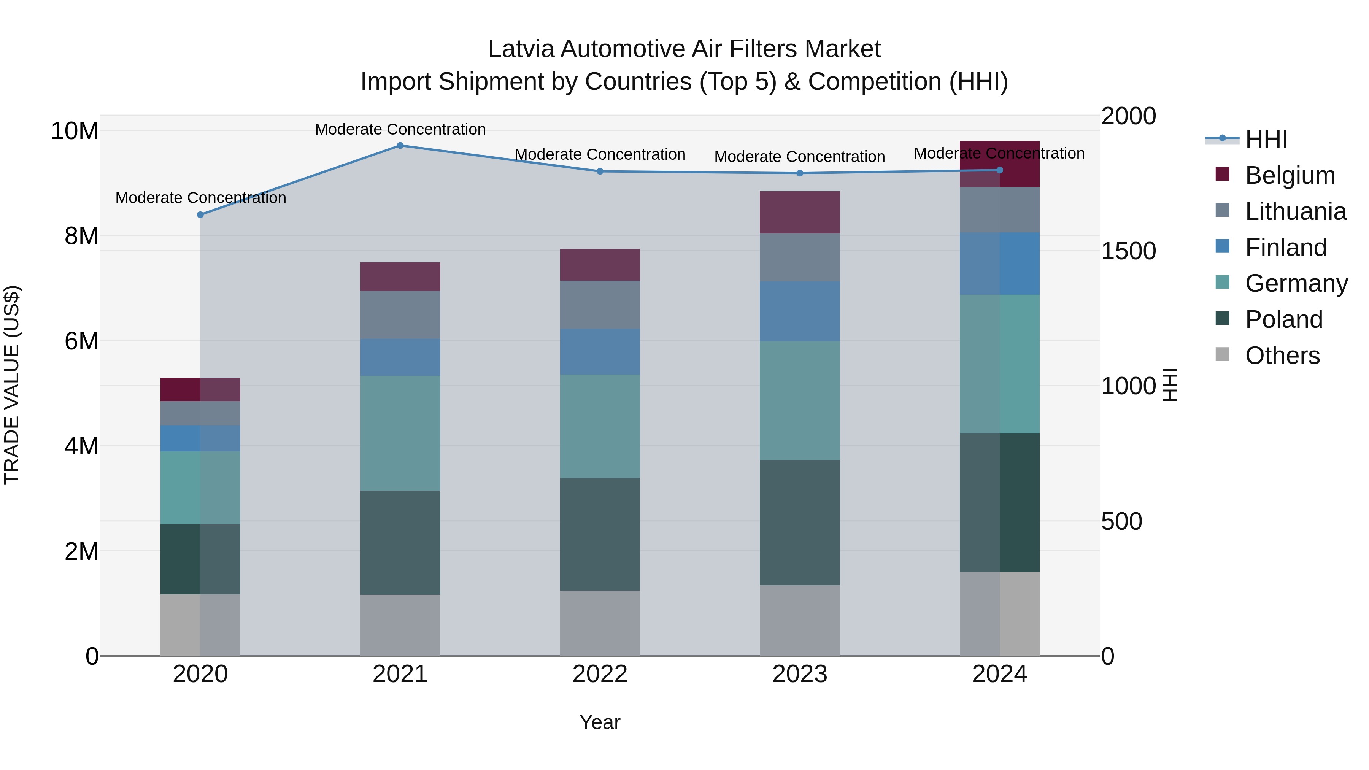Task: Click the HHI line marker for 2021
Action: click(x=400, y=146)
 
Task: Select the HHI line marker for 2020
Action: click(x=200, y=215)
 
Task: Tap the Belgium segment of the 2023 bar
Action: click(x=799, y=212)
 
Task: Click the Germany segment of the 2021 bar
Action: click(x=400, y=433)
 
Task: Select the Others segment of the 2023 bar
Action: click(x=799, y=620)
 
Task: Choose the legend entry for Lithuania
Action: click(x=1295, y=211)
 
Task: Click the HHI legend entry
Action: click(x=1266, y=139)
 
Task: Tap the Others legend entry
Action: click(x=1282, y=356)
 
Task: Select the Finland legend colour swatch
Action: click(x=1222, y=246)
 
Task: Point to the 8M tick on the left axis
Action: click(x=81, y=235)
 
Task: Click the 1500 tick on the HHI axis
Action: click(x=1128, y=251)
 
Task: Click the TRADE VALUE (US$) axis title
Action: click(x=12, y=385)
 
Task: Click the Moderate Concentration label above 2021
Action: click(x=400, y=129)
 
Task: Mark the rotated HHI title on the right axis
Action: click(x=1170, y=385)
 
